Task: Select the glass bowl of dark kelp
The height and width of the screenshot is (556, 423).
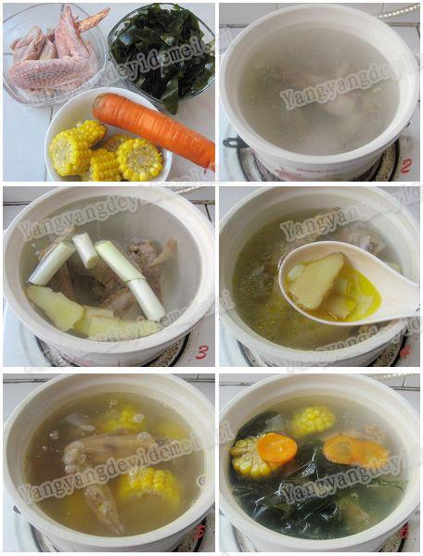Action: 163,51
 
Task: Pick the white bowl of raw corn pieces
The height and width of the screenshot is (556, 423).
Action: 107,148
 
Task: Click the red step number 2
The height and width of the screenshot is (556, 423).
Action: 405,165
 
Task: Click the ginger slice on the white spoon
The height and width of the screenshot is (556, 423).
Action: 317,279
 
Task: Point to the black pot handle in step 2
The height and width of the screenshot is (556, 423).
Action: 233,144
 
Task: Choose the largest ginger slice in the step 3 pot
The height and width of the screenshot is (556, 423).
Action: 56,306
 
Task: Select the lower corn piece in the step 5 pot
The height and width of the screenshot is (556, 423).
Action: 148,482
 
